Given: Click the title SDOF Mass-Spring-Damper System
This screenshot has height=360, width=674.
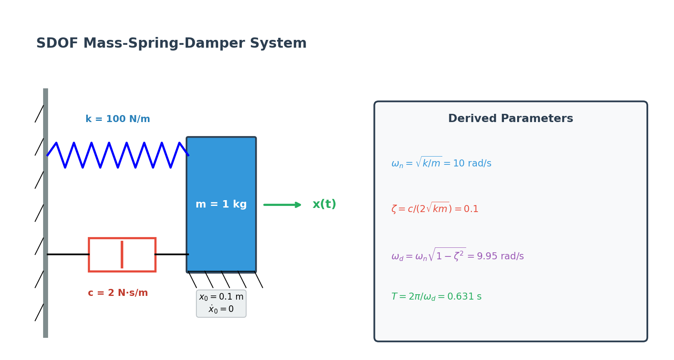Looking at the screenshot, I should (x=171, y=44).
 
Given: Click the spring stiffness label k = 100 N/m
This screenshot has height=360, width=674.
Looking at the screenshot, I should (x=117, y=119).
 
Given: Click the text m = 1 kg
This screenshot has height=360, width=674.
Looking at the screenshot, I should (x=221, y=205).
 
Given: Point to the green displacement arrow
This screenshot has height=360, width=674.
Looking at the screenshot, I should (x=283, y=205).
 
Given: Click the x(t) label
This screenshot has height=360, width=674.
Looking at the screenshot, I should (x=324, y=205).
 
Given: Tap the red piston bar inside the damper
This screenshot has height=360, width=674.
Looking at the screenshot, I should (x=122, y=255).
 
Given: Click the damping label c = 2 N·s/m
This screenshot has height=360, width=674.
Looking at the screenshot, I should (x=117, y=293).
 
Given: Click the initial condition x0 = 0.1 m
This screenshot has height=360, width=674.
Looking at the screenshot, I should (x=221, y=297).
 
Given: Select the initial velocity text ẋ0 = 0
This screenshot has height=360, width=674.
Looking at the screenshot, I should (x=221, y=309).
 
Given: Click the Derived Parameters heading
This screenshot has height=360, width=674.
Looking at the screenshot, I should (x=510, y=119).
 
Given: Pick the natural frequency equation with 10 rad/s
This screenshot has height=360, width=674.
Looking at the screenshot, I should (x=441, y=163).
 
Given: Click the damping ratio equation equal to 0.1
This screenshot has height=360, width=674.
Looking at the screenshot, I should (x=435, y=209).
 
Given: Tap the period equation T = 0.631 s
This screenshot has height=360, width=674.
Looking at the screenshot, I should (x=436, y=297).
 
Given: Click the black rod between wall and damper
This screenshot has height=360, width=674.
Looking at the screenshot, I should (x=68, y=254).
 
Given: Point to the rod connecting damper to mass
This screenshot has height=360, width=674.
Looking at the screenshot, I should (x=172, y=254).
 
